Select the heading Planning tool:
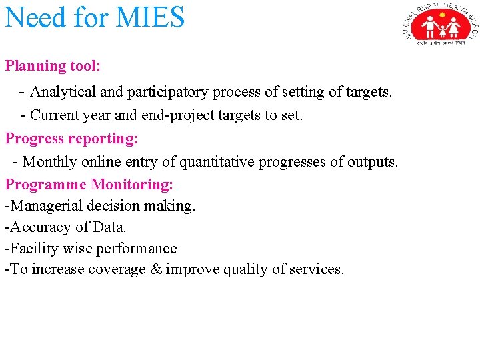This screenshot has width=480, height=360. point(53,66)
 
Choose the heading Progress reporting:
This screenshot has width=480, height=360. point(71,139)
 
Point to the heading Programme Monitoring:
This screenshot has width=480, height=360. point(89,184)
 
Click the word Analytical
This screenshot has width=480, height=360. point(63,91)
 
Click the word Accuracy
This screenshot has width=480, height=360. point(37,227)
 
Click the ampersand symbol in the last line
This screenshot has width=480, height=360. point(156,270)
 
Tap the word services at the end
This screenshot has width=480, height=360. point(317,270)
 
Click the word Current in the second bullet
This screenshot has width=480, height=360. point(55,115)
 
